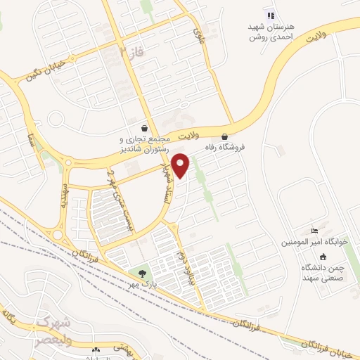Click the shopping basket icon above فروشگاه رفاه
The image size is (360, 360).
click(225, 136)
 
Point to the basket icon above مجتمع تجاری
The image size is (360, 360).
click(145, 129)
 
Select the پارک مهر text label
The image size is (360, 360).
click(143, 284)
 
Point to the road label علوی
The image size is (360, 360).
click(200, 28)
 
